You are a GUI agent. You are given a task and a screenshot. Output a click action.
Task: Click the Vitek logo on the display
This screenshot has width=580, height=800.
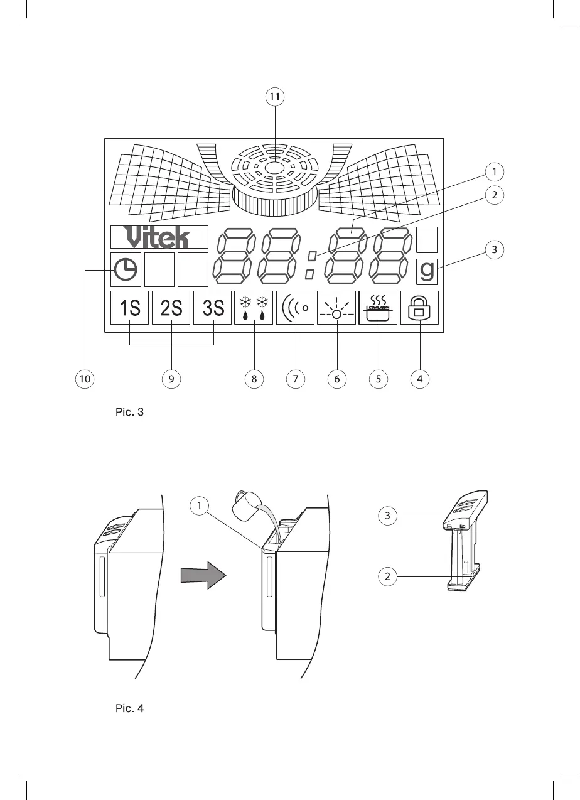pos(159,237)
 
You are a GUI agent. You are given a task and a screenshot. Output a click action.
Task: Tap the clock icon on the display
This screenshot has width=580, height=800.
pos(126,269)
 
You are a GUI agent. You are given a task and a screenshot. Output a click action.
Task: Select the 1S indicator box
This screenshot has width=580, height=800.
pos(129,308)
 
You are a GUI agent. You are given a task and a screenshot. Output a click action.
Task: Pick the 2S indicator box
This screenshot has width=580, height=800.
pos(171,308)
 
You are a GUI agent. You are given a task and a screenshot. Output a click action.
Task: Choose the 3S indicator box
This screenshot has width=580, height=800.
pos(213,308)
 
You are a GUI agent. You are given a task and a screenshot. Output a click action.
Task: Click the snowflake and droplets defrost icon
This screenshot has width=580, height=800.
pos(254,308)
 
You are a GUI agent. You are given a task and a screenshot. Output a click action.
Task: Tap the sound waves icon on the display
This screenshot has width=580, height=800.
pos(294,308)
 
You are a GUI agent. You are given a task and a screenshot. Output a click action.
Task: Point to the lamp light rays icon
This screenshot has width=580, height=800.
pos(337,308)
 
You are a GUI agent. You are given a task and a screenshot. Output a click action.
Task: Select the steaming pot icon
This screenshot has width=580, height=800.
pos(379,308)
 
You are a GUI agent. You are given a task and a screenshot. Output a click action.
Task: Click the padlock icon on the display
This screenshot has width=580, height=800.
pos(419,308)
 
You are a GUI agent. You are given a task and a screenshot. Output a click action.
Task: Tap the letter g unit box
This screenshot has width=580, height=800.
pos(427,270)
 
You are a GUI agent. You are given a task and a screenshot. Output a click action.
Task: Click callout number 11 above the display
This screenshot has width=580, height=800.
pos(274,97)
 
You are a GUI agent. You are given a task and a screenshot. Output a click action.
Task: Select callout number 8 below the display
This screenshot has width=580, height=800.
pos(253,379)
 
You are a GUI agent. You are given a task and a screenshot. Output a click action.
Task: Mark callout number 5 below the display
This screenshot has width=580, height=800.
pos(379,379)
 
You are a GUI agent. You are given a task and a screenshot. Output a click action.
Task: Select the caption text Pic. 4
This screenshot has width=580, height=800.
pos(130,708)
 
